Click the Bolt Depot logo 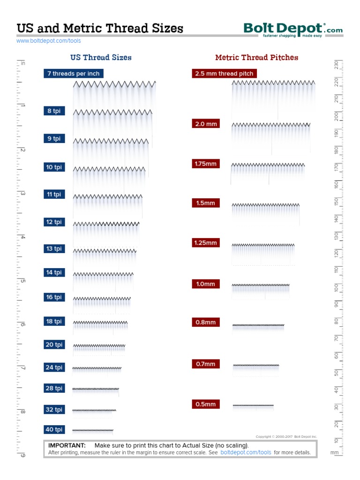pos(293,30)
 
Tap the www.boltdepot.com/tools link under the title pos(49,41)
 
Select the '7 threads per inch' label pos(73,74)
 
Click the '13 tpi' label pos(54,249)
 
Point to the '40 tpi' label pos(54,429)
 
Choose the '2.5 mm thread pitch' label pos(224,74)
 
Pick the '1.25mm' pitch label pos(206,243)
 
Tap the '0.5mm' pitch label pos(205,404)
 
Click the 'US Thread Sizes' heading pos(101,58)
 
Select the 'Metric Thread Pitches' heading pos(256,58)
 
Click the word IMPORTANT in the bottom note pos(67,445)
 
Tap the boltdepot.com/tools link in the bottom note pos(246,453)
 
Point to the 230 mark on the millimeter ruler pos(336,65)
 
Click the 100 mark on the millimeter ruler pos(336,287)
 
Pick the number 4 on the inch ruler pos(22,237)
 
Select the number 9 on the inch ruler pos(22,455)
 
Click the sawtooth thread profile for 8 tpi pos(112,112)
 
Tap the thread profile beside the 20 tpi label pos(99,346)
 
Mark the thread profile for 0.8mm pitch pos(258,325)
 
